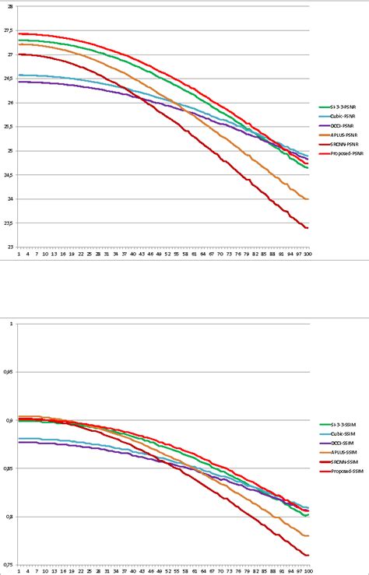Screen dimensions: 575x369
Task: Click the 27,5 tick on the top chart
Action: (x=9, y=31)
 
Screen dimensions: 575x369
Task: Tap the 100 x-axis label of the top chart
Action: (x=307, y=254)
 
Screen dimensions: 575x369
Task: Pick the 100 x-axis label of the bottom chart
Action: (x=307, y=572)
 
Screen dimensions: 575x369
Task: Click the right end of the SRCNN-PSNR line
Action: (x=308, y=228)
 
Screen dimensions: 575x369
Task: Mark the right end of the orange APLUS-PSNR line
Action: (x=308, y=199)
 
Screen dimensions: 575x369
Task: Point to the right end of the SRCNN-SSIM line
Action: (x=308, y=555)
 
